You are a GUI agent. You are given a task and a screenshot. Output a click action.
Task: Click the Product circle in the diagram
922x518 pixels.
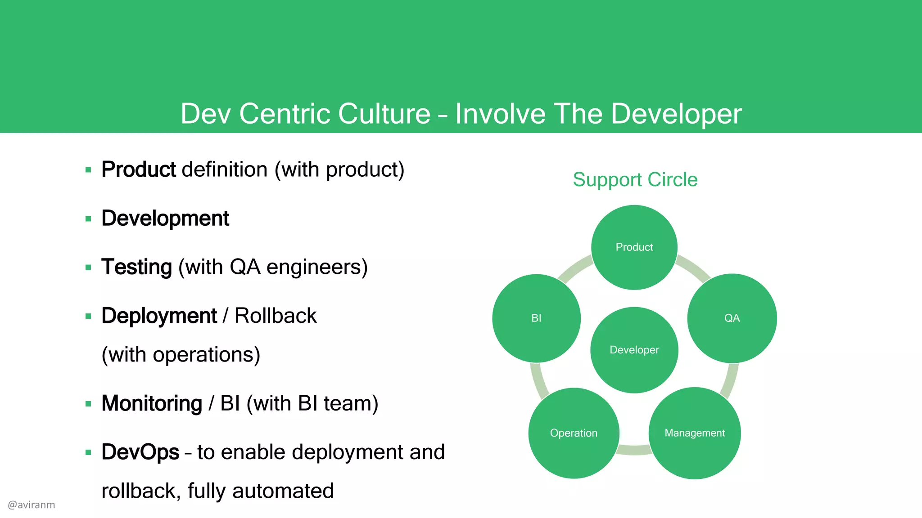point(634,247)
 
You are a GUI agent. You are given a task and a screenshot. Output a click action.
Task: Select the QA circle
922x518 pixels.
point(732,318)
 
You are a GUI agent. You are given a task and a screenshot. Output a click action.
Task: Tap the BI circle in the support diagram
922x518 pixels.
point(536,318)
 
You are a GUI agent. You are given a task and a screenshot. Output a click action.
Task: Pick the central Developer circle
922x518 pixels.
point(634,350)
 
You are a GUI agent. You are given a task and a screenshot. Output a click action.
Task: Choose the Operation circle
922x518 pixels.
point(574,433)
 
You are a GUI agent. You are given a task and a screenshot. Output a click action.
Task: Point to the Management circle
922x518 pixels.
point(695,433)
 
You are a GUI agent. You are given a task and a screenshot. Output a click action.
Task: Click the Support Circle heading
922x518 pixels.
point(635,180)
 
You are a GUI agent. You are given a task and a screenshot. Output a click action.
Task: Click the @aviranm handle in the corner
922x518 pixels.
point(32,505)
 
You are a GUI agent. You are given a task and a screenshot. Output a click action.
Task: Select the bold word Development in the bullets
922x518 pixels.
point(165,219)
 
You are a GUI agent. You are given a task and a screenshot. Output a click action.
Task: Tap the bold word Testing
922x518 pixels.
point(136,267)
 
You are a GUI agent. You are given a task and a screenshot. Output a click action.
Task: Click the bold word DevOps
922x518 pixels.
point(140,452)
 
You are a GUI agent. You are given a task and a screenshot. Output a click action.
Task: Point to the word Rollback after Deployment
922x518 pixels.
point(276,316)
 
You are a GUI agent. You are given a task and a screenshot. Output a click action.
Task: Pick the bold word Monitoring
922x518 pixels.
point(152,403)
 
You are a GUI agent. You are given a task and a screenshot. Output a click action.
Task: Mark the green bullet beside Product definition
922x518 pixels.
point(88,170)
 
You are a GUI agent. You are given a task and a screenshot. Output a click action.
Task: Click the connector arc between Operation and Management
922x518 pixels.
point(634,450)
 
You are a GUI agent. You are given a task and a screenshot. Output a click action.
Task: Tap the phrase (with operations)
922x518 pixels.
point(181,355)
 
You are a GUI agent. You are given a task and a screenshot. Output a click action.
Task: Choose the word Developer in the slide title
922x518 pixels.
point(676,114)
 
